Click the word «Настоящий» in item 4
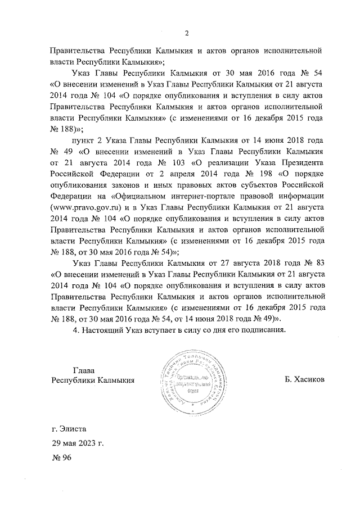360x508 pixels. [x=107, y=330]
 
